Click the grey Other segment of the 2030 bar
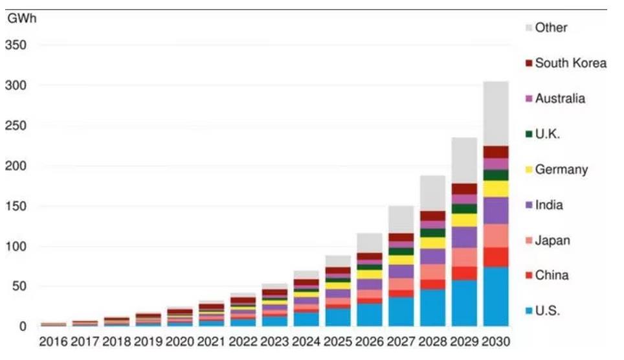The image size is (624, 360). pos(495,113)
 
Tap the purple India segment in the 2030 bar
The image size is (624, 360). pos(495,210)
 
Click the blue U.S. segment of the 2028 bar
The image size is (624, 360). pos(432,308)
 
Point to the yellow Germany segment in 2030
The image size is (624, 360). pos(495,189)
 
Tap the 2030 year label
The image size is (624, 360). pos(495,341)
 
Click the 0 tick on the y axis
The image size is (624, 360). pos(23,327)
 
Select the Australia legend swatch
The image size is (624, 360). pos(528,99)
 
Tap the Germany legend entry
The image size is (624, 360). pos(561,170)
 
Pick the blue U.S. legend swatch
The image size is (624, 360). pos(528,311)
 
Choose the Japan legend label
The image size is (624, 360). pos(552,240)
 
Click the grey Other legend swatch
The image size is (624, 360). pos(528,28)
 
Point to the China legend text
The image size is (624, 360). pos(552,275)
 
